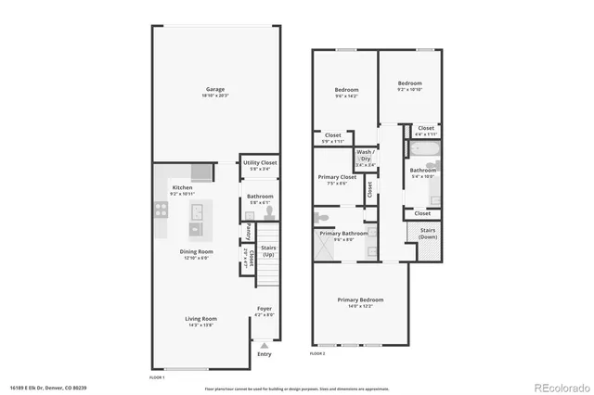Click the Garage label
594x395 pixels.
tap(215, 90)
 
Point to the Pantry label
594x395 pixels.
tap(248, 230)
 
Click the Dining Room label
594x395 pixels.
tap(196, 251)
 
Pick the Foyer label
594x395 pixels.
tap(265, 310)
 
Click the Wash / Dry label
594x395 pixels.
tap(365, 155)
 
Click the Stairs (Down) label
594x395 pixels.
tap(428, 233)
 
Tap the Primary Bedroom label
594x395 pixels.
tap(360, 299)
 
